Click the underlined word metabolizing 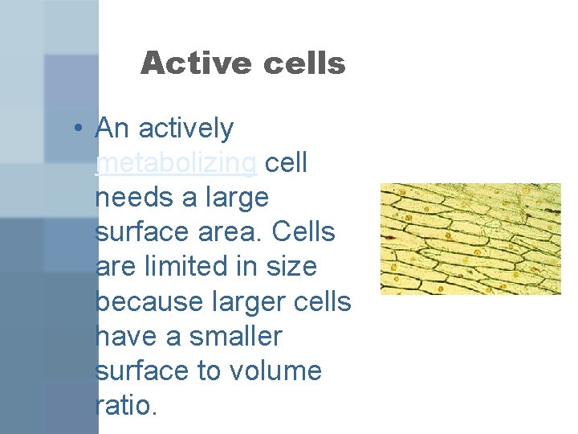(x=176, y=163)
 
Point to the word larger (x=254, y=301)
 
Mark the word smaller (x=236, y=336)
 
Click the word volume (x=276, y=371)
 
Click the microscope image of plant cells (x=470, y=239)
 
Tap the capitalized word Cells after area (x=303, y=232)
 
